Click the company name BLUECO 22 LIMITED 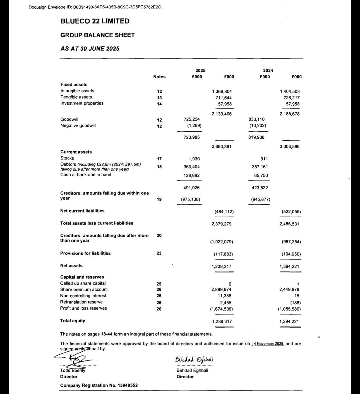(x=95, y=21)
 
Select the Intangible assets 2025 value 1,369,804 (x=222, y=91)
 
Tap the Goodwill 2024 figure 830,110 (x=256, y=119)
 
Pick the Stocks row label (x=67, y=158)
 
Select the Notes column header (x=159, y=77)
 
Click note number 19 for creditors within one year (x=159, y=199)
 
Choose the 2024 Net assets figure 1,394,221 (x=289, y=267)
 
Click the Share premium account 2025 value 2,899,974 (x=222, y=290)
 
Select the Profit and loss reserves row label (x=83, y=308)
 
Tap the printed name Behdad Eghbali (x=192, y=370)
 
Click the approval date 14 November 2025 (x=267, y=344)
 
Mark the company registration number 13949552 (x=127, y=385)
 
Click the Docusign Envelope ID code (x=117, y=7)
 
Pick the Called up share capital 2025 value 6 (x=230, y=284)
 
